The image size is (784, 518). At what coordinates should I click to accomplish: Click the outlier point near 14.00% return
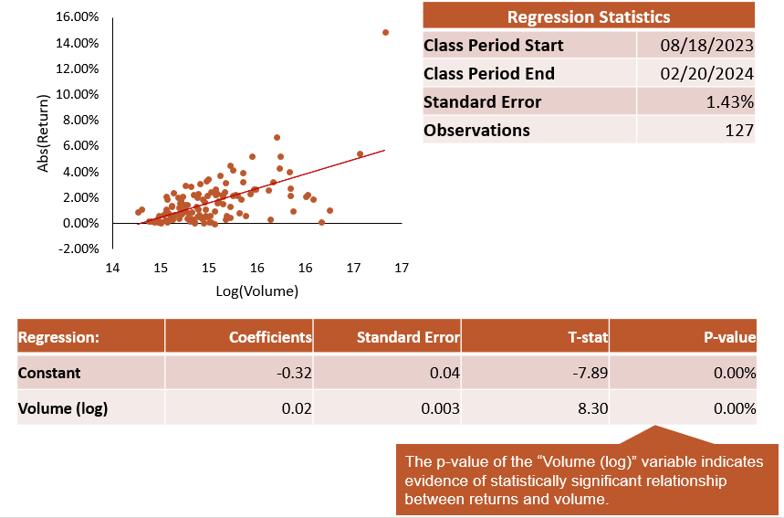pyautogui.click(x=385, y=33)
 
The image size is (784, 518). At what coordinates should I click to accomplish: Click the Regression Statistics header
pyautogui.click(x=589, y=16)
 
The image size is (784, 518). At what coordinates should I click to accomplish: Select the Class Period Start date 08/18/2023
pyautogui.click(x=706, y=45)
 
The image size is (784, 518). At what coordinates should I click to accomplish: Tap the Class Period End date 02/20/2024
pyautogui.click(x=706, y=74)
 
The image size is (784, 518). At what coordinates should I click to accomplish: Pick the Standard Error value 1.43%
pyautogui.click(x=729, y=102)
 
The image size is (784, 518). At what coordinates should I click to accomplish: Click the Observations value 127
pyautogui.click(x=739, y=130)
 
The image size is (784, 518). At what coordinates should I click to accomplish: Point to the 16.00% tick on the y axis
pyautogui.click(x=77, y=16)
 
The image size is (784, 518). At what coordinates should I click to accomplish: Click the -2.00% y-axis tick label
pyautogui.click(x=78, y=248)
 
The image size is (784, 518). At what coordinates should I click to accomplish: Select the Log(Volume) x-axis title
pyautogui.click(x=257, y=291)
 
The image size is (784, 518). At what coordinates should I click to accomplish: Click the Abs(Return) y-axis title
pyautogui.click(x=43, y=133)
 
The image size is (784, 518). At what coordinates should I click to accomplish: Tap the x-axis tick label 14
pyautogui.click(x=112, y=268)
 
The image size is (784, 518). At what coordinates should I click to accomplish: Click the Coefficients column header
pyautogui.click(x=270, y=337)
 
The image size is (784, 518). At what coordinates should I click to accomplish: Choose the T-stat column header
pyautogui.click(x=588, y=337)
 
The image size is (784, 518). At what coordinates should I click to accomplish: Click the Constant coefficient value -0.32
pyautogui.click(x=294, y=373)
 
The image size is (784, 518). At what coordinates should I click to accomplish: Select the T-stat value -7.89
pyautogui.click(x=590, y=373)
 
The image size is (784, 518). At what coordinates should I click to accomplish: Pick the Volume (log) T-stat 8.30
pyautogui.click(x=593, y=408)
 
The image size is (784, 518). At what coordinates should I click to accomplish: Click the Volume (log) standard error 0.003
pyautogui.click(x=440, y=408)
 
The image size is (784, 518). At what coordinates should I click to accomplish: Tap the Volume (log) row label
pyautogui.click(x=63, y=408)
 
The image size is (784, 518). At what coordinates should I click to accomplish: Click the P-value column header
pyautogui.click(x=729, y=337)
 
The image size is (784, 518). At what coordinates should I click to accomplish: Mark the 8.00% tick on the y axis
pyautogui.click(x=80, y=120)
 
